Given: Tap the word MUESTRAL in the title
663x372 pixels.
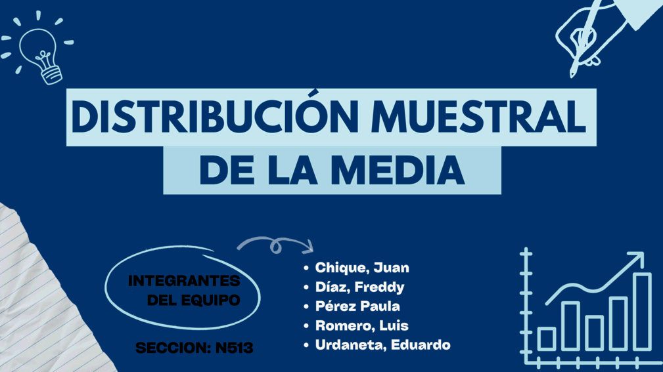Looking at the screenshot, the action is [x=478, y=117].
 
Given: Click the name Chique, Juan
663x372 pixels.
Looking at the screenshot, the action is [x=362, y=268].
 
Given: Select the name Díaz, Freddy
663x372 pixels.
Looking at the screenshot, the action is [x=360, y=287].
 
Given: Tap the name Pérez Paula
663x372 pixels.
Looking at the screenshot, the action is [x=357, y=306].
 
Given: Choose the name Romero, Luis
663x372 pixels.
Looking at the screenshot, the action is [x=362, y=325].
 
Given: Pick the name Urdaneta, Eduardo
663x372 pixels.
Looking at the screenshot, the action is [x=382, y=345].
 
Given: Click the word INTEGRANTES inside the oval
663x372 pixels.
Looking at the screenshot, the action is [x=184, y=281].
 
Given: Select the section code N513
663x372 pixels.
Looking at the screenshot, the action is [x=234, y=348].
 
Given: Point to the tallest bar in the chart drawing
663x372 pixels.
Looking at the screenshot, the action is [x=642, y=312].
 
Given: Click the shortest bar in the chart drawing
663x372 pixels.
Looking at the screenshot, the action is [x=547, y=339].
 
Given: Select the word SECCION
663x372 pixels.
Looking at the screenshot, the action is [x=173, y=348].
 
